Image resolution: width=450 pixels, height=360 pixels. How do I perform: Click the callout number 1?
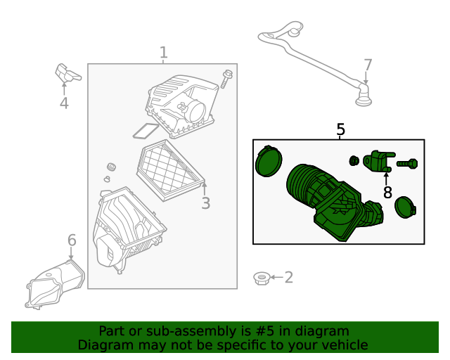[163, 53]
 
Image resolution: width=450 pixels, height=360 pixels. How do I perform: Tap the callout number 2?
[288, 278]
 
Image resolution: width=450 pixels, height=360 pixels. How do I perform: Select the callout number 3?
[205, 204]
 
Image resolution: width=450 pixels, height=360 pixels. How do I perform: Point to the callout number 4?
[64, 103]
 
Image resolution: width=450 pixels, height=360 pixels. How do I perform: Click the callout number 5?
[340, 129]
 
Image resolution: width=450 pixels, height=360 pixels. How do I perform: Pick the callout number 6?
[72, 241]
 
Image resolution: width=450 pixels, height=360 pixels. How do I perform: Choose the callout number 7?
[368, 65]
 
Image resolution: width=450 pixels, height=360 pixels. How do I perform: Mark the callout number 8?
[387, 192]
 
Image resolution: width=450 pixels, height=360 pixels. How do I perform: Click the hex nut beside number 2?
[259, 278]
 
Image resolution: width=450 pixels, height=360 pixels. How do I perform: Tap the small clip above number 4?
[66, 72]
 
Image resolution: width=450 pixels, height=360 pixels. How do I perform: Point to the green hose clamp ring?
[267, 162]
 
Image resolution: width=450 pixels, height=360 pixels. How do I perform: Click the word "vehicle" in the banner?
[341, 345]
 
